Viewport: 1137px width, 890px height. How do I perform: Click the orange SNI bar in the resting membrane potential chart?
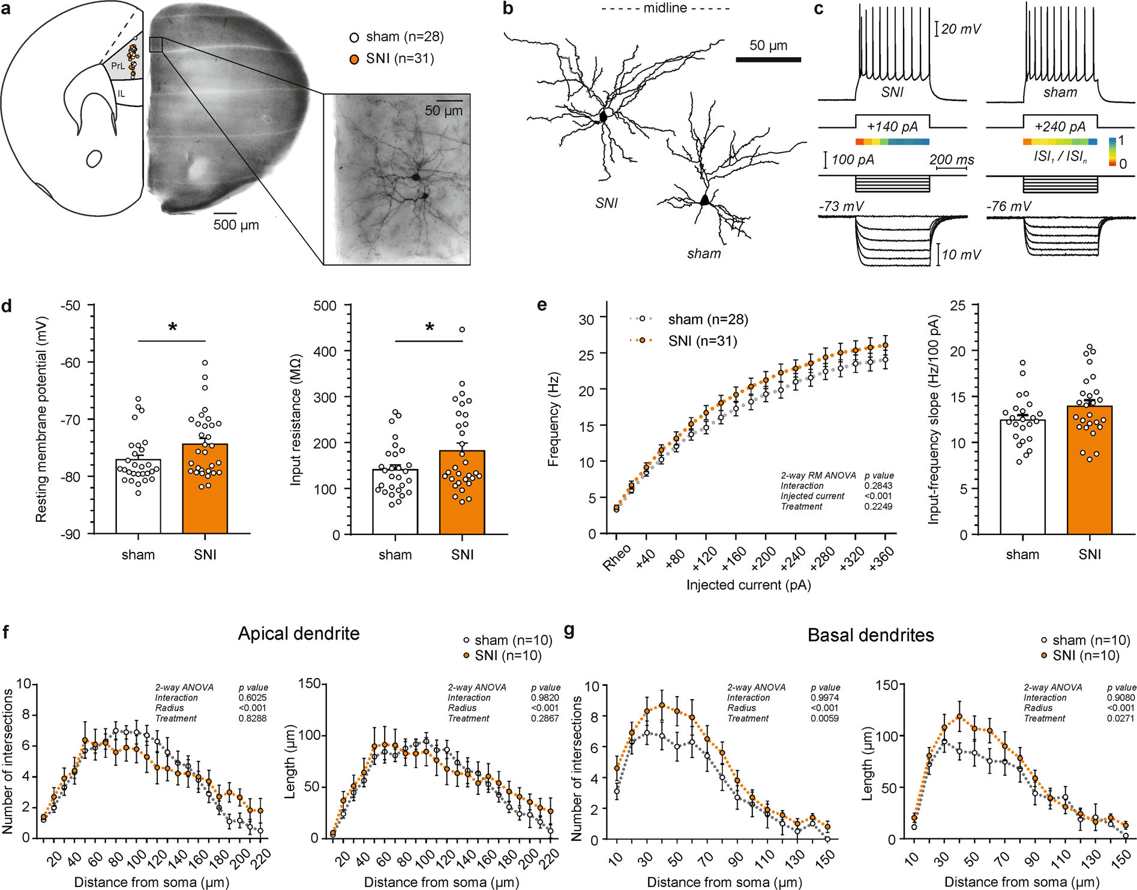pos(205,488)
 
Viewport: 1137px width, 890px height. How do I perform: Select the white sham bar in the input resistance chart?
pos(395,501)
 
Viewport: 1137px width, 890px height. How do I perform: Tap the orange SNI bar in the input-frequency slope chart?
pos(1090,470)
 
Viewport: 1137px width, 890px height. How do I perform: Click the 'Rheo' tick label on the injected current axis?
pos(617,557)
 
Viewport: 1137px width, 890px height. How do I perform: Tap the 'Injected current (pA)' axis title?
pos(749,585)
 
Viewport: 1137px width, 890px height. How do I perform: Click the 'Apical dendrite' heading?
pos(299,634)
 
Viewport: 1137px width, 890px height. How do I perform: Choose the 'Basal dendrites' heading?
pos(871,635)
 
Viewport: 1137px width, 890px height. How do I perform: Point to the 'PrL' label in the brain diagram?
pos(118,66)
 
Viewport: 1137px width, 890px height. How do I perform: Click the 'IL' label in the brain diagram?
pos(122,94)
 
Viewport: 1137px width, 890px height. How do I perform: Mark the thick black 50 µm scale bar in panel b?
pos(769,59)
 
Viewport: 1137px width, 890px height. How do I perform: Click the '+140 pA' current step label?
pos(892,127)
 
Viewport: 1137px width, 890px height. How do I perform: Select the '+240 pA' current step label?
pos(1060,127)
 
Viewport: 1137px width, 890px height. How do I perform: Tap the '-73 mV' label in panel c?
pos(842,207)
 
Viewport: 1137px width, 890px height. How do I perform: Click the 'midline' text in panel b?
pos(665,8)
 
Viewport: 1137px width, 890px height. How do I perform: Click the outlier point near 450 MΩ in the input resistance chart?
pos(462,329)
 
